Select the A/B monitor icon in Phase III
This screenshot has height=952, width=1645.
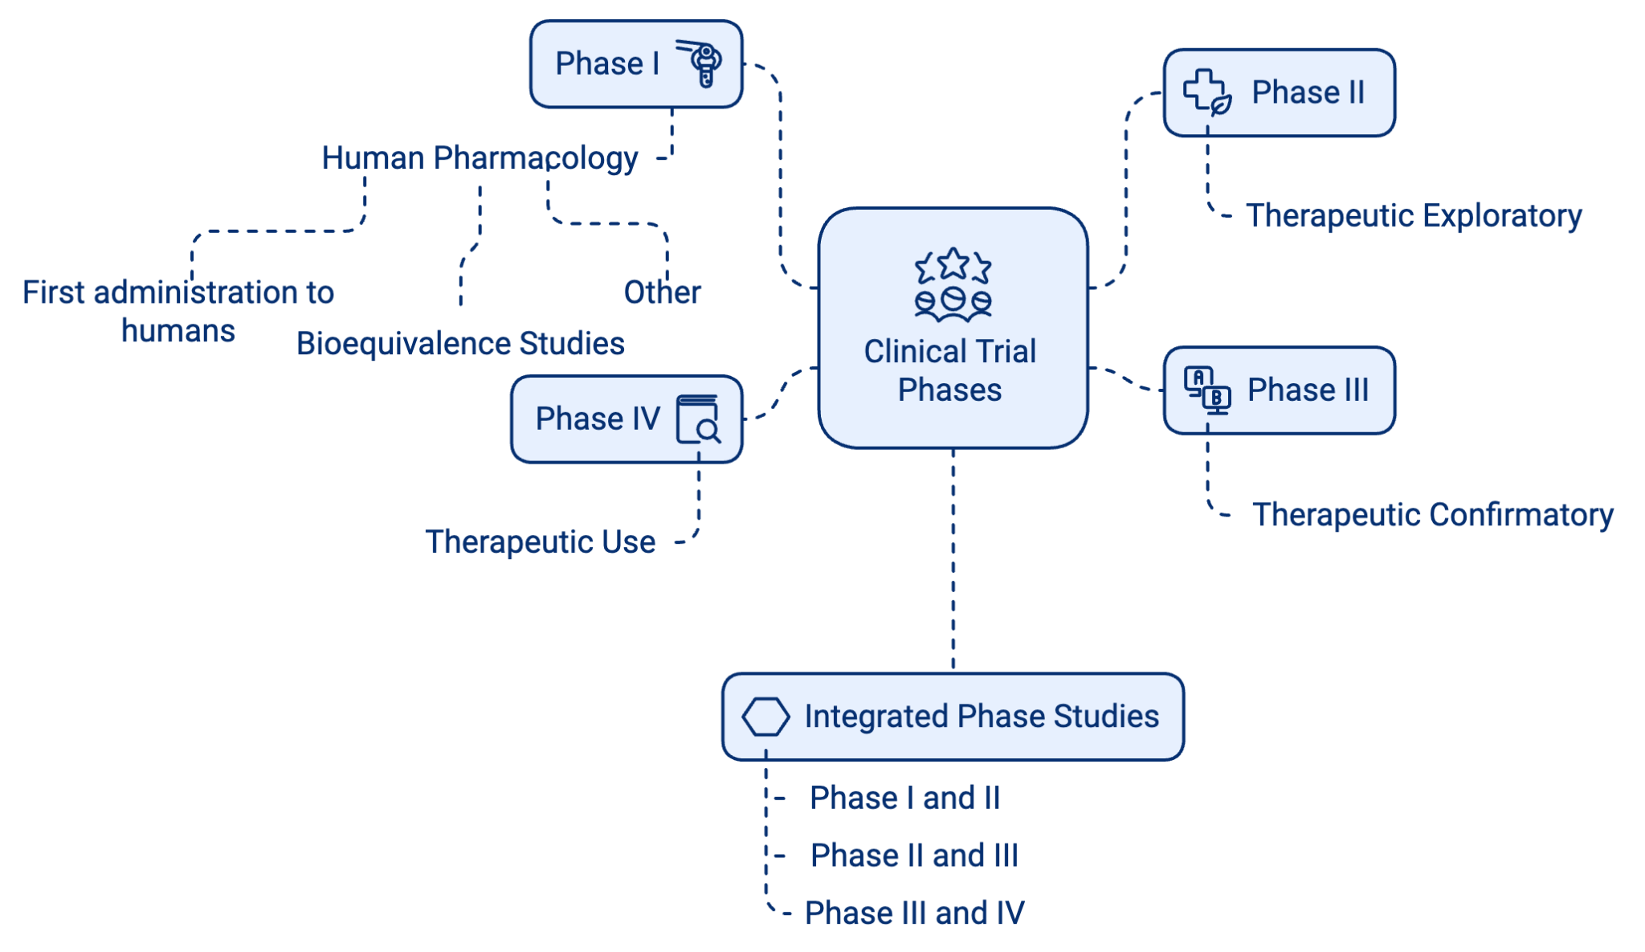pos(1207,390)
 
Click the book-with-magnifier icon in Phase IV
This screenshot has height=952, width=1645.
pos(697,419)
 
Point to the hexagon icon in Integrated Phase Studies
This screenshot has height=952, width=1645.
pos(765,716)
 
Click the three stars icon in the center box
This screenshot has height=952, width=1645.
pos(953,265)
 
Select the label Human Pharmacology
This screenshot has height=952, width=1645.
pos(480,158)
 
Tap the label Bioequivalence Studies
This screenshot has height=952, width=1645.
pos(460,344)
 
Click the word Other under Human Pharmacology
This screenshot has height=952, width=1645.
pos(662,292)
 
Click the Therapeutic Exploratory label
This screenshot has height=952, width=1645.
pos(1413,215)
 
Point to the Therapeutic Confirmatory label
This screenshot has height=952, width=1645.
pos(1432,515)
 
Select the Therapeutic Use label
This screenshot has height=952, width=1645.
pos(540,542)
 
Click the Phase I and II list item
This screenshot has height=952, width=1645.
pos(905,798)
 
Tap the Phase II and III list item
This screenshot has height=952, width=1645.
pos(914,856)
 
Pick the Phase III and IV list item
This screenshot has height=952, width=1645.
pos(915,913)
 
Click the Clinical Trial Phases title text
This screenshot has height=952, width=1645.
pos(950,370)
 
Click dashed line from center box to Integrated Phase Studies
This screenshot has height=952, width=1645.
pos(953,562)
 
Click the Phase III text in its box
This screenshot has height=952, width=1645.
pos(1308,390)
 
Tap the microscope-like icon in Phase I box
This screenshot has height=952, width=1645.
pos(701,63)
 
